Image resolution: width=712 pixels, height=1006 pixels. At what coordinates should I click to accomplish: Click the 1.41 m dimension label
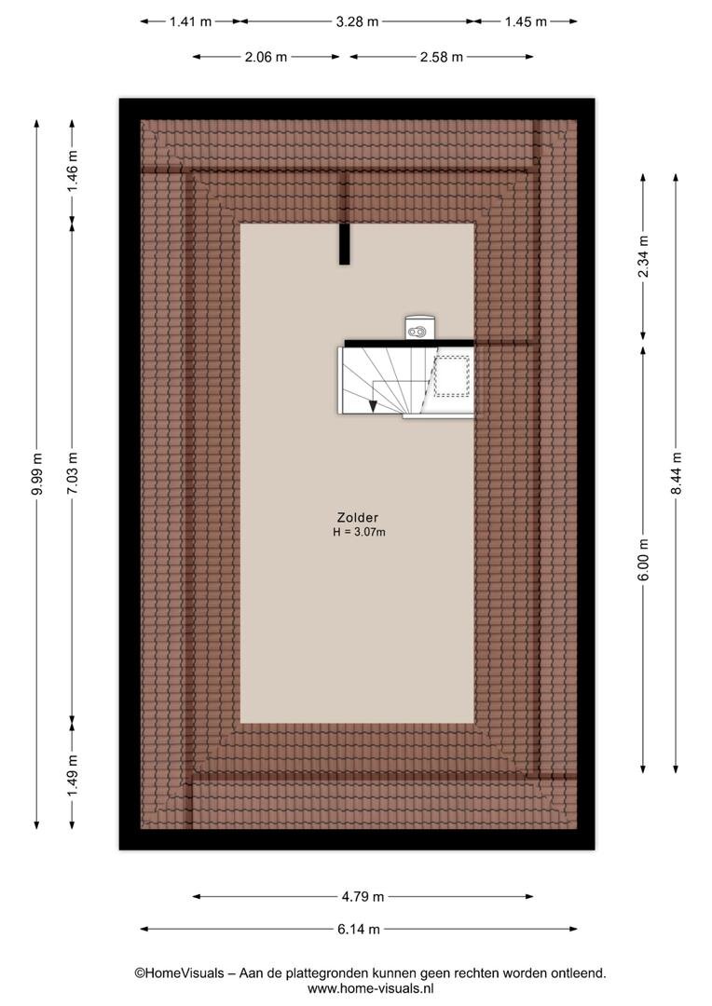[190, 21]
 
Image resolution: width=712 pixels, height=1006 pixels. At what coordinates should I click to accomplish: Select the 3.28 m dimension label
[357, 21]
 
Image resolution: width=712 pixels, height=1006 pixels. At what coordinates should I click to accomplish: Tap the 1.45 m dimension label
[526, 21]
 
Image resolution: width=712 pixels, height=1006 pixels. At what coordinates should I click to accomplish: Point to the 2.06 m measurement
[266, 57]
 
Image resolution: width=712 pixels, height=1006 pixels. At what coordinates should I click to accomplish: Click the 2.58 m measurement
[441, 57]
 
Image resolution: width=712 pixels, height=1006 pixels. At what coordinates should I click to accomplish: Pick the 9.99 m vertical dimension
[37, 473]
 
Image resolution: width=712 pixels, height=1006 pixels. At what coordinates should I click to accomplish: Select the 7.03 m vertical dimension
[73, 473]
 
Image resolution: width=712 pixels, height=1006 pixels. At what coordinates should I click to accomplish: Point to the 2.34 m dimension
[643, 257]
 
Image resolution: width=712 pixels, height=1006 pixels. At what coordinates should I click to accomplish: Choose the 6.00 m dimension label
[644, 560]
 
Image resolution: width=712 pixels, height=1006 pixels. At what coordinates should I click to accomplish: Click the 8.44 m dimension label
[676, 473]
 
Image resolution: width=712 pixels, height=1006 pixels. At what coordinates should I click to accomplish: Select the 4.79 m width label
[363, 897]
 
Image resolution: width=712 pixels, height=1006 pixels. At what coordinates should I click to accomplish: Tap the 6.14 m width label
[358, 929]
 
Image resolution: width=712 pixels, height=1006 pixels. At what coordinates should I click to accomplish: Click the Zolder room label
[358, 517]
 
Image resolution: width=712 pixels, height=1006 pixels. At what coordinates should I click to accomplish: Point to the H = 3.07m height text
[359, 532]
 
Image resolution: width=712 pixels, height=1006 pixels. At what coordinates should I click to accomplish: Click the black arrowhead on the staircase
[372, 405]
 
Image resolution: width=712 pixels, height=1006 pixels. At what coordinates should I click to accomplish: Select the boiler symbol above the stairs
[418, 328]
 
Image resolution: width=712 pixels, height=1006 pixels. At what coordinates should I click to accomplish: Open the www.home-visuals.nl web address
[371, 988]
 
